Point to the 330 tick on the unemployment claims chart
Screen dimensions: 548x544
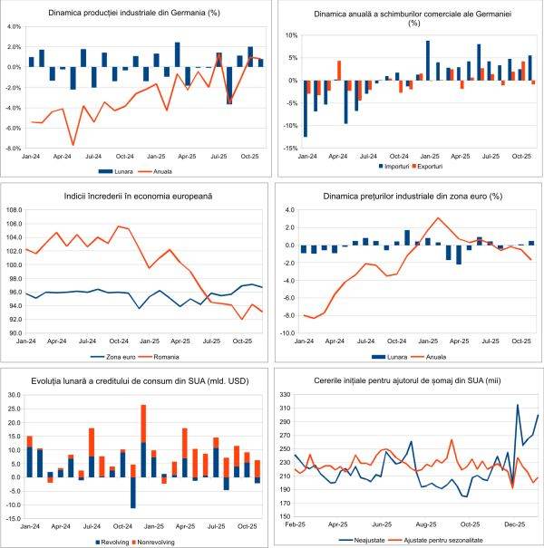pos(285,395)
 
